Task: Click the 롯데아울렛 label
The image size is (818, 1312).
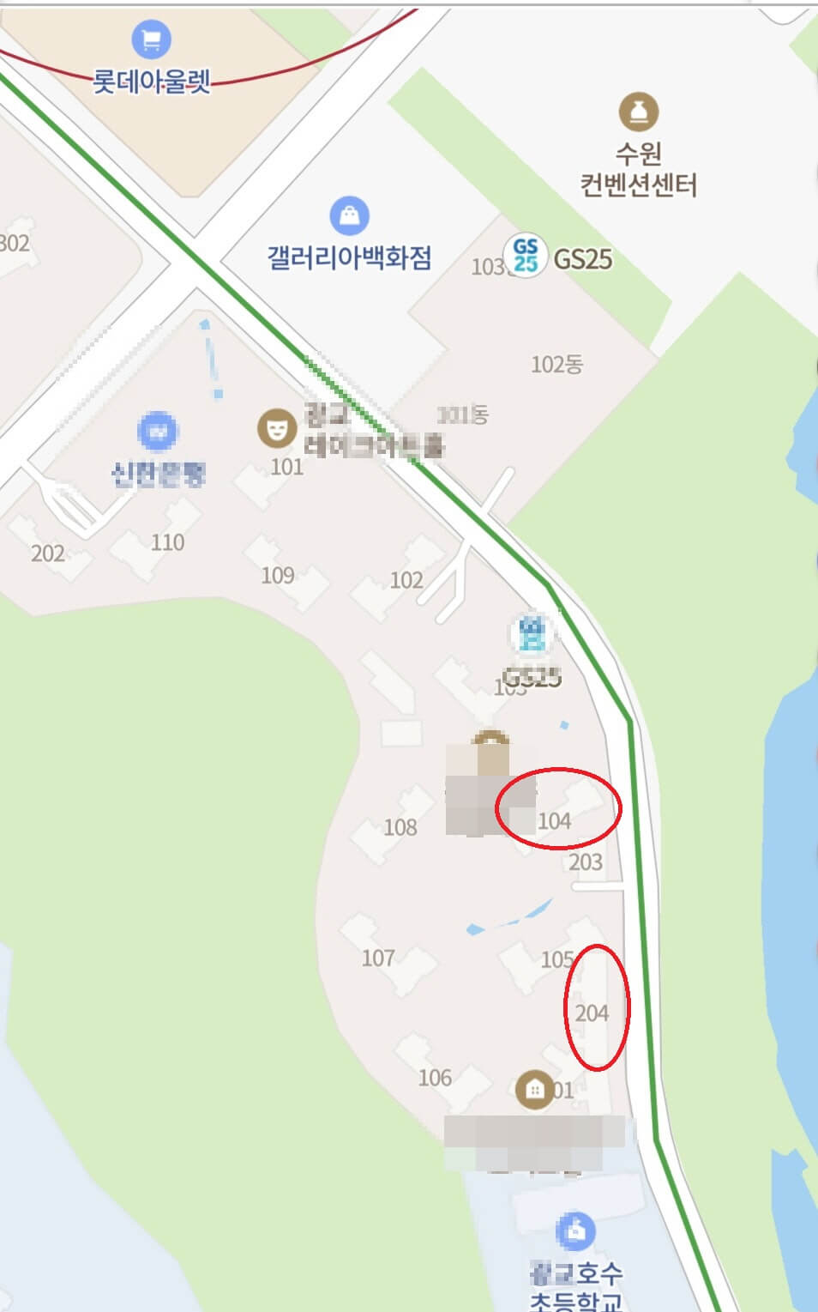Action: coord(151,82)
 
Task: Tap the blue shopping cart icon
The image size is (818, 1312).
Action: coord(151,39)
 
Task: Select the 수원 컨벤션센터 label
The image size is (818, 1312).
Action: coord(638,169)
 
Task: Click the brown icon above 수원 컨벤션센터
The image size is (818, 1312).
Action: coord(638,112)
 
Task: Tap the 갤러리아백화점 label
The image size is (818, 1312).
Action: coord(349,257)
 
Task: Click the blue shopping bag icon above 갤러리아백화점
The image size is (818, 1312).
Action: coord(349,215)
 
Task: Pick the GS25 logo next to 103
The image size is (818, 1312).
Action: coord(525,255)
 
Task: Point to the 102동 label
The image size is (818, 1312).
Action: coord(556,365)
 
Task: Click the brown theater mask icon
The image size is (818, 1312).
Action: coord(276,427)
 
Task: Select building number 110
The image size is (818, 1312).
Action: coord(167,542)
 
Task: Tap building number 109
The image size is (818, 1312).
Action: coord(277,575)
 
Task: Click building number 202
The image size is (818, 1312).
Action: coord(48,553)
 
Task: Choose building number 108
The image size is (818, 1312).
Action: coord(400,827)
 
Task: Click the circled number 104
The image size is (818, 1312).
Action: coord(554,821)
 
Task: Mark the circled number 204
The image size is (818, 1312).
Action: coord(592,1013)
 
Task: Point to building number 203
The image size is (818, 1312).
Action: coord(586,862)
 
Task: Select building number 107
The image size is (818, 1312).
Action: coord(378,958)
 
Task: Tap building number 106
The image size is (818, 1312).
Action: coord(435,1078)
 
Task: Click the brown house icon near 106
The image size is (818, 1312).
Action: coord(534,1090)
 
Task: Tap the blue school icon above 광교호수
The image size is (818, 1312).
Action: coord(575,1232)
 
